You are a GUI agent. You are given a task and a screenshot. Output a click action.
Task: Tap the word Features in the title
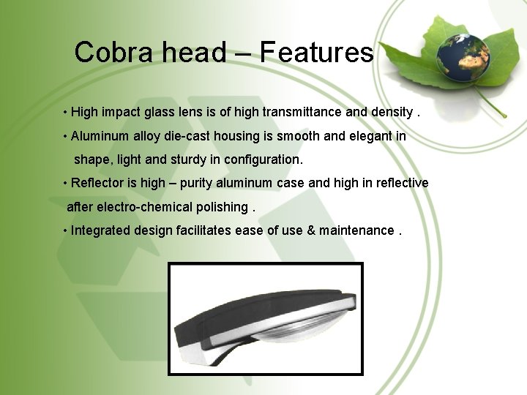click(x=316, y=53)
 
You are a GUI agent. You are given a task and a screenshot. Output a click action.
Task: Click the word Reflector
click(x=98, y=183)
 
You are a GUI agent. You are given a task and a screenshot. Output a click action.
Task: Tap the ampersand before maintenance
click(x=311, y=230)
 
